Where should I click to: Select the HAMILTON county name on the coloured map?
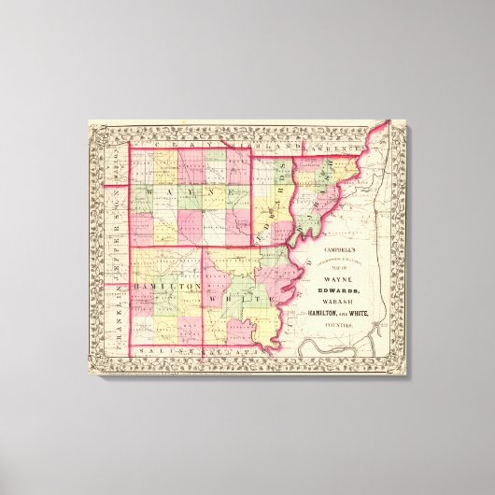[158, 285]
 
